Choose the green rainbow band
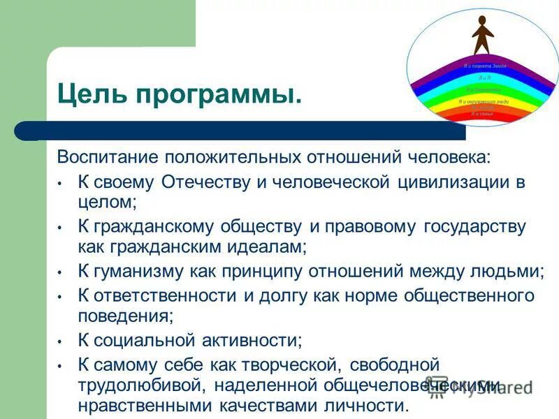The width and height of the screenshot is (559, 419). point(482,90)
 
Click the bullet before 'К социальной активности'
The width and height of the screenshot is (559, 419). point(61,341)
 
